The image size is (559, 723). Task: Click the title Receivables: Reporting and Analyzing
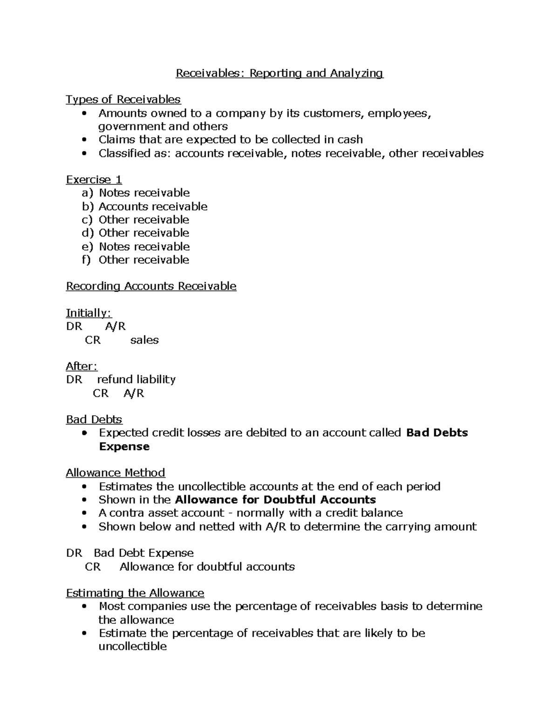[x=279, y=73]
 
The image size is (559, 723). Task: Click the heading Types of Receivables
[x=123, y=100]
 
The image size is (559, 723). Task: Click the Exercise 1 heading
[x=94, y=180]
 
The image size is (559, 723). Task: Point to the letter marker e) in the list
[x=87, y=246]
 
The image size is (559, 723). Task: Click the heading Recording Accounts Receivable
[x=151, y=286]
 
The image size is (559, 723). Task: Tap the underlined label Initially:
[x=89, y=313]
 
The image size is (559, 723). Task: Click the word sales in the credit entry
[x=144, y=340]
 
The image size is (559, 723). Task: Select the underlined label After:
[x=82, y=366]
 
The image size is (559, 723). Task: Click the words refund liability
[x=136, y=379]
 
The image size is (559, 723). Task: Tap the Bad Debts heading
[x=94, y=419]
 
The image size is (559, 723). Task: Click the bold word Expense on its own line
[x=124, y=446]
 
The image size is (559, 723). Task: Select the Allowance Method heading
[x=116, y=473]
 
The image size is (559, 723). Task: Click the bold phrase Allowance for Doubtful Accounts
[x=275, y=500]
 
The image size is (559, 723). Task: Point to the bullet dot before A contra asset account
[x=84, y=513]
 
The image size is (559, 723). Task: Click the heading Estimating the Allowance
[x=135, y=593]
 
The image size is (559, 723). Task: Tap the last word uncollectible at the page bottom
[x=132, y=646]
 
